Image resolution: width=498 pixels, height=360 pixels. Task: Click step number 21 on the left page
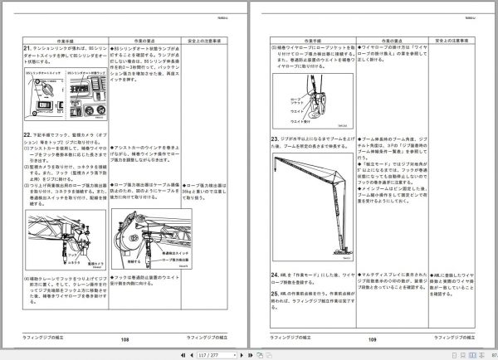click(27, 51)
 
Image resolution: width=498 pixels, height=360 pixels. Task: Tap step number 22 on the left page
click(27, 134)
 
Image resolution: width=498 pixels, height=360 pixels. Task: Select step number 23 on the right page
click(275, 138)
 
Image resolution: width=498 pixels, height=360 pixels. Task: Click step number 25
click(275, 294)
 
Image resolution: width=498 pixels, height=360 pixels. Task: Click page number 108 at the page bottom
click(125, 340)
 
